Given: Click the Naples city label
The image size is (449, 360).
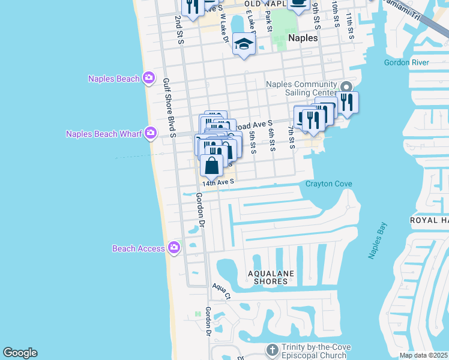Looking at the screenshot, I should [x=303, y=38].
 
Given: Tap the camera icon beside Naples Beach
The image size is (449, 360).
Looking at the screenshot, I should [x=149, y=79].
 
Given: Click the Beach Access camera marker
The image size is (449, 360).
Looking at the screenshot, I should [x=174, y=247].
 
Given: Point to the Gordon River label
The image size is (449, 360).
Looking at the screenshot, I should [x=408, y=63].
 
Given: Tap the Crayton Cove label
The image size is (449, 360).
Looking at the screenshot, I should [x=328, y=184].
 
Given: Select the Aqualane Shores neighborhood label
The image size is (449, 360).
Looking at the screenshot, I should [x=271, y=278].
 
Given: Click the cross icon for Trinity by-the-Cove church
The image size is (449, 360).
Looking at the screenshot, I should [x=271, y=349].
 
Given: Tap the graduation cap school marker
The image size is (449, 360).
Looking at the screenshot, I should [x=244, y=44].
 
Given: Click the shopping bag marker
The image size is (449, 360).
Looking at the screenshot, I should [x=211, y=165].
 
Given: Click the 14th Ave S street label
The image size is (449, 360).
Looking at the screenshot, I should [x=217, y=181].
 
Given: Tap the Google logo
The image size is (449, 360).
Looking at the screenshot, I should [x=20, y=353].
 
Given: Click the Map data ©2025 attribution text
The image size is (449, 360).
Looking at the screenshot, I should [x=423, y=355].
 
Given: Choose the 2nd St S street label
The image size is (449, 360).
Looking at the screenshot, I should [x=179, y=30].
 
